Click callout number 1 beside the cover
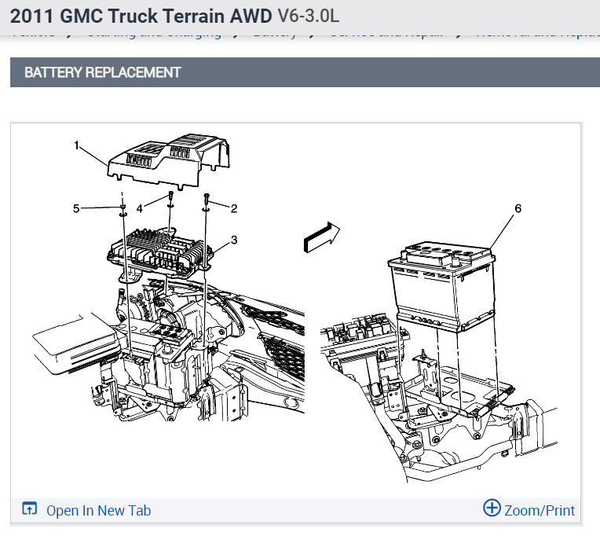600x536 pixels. pos(77,145)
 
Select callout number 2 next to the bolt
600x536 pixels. pos(233,207)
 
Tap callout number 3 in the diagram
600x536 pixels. pos(233,239)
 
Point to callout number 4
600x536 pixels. pos(140,208)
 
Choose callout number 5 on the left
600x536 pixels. pos(76,208)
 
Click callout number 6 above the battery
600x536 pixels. pos(518,208)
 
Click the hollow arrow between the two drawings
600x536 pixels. pos(321,236)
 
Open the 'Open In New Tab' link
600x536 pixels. pos(98,510)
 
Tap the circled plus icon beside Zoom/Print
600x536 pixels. pos(492,508)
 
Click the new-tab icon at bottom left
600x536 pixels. pos(30,509)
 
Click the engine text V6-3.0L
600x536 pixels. pos(309,16)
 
